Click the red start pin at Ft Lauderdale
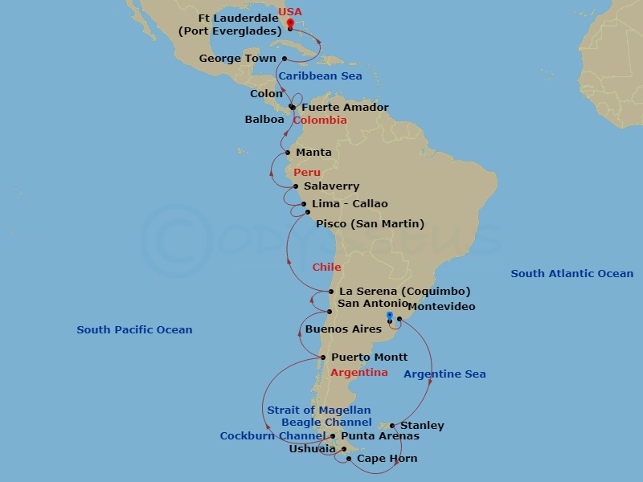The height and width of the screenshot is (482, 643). tap(289, 24)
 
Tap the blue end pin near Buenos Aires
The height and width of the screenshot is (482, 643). tap(390, 317)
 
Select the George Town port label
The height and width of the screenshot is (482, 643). tap(237, 59)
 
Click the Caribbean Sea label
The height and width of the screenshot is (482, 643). tap(321, 76)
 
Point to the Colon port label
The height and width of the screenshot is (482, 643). tap(266, 94)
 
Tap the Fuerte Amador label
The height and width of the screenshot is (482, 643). tap(345, 108)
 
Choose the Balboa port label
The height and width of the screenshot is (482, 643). tap(264, 120)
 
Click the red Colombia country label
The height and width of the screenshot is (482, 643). tap(320, 120)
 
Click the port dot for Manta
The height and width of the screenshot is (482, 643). tap(287, 153)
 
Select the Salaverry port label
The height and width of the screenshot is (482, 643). tap(331, 186)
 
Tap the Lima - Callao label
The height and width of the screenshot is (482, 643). tap(350, 204)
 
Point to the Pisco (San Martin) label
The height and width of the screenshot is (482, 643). tap(370, 223)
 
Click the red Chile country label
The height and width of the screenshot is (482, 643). tap(326, 268)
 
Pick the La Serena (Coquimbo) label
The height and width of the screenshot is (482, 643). tap(404, 292)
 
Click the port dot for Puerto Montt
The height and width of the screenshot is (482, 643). tap(322, 357)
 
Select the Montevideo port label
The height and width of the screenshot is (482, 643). tap(441, 307)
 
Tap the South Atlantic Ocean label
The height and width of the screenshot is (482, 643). tap(571, 274)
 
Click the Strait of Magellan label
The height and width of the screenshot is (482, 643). tap(319, 411)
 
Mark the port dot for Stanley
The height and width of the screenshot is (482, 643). tap(391, 426)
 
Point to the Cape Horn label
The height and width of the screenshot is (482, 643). tap(387, 459)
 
